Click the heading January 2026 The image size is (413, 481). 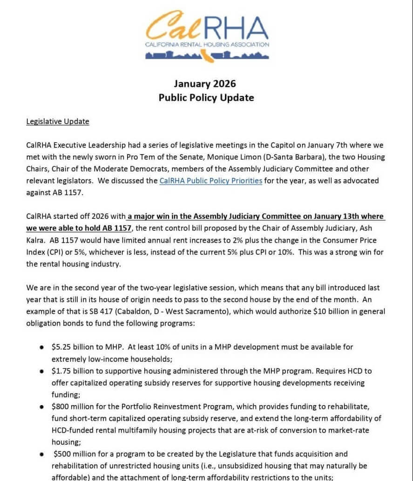point(205,84)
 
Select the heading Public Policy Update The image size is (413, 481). point(206,98)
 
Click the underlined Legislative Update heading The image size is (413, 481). point(58,122)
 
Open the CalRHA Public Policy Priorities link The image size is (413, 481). point(210,180)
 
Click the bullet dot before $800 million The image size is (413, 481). point(42,406)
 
